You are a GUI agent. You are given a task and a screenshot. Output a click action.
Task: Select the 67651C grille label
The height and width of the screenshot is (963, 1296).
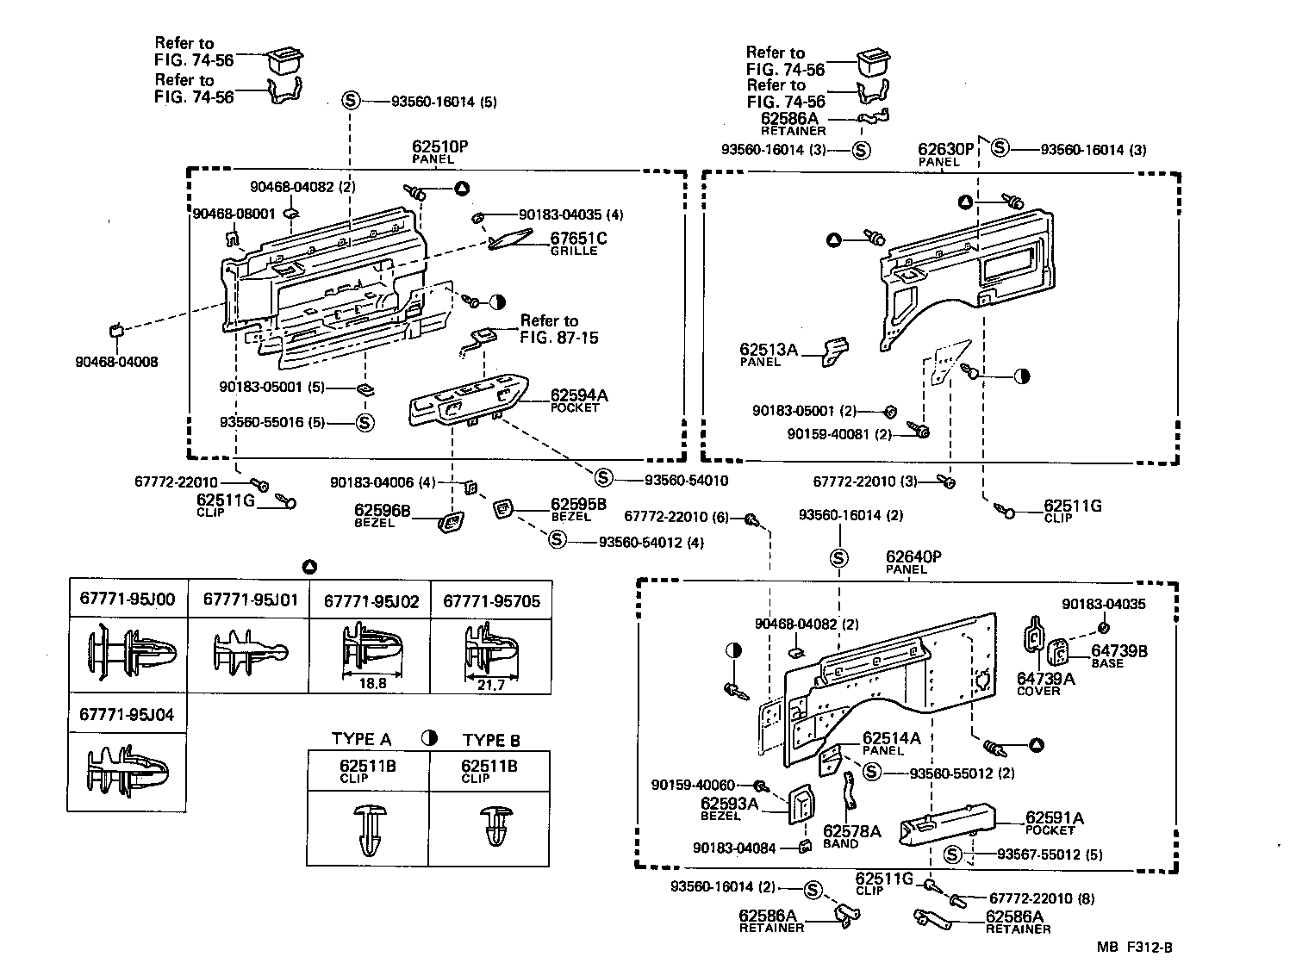pyautogui.click(x=578, y=239)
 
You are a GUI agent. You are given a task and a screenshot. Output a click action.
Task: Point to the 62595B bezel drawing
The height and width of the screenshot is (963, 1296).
pyautogui.click(x=502, y=509)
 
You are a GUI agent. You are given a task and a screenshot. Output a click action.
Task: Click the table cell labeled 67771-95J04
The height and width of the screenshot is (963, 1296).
pyautogui.click(x=127, y=715)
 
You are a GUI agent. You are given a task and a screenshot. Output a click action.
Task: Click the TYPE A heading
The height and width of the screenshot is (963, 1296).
pyautogui.click(x=362, y=739)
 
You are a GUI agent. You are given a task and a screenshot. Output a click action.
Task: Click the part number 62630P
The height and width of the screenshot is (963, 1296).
pyautogui.click(x=945, y=149)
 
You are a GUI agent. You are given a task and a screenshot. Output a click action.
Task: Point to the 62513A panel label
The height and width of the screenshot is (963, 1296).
pyautogui.click(x=769, y=350)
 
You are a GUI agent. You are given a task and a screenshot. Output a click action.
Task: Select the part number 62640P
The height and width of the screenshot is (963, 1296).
pyautogui.click(x=913, y=557)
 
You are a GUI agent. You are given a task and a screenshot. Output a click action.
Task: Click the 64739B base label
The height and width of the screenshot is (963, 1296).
pyautogui.click(x=1119, y=652)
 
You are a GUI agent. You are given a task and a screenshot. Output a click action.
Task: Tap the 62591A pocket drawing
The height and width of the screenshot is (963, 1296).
pyautogui.click(x=948, y=823)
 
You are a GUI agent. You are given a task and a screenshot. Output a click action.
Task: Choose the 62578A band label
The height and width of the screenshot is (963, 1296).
pyautogui.click(x=851, y=831)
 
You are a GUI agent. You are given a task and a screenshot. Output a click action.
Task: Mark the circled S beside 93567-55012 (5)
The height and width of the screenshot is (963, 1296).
pyautogui.click(x=952, y=854)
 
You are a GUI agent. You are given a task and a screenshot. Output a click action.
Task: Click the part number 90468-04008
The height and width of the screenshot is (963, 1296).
pyautogui.click(x=116, y=363)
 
